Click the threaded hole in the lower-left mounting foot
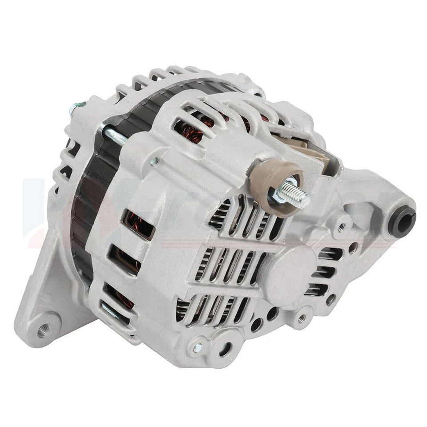tap(44, 330)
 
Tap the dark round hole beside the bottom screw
tap(225, 349)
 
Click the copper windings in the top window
tap(189, 129)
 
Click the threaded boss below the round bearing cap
tap(302, 318)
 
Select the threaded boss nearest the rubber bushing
tap(341, 227)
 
